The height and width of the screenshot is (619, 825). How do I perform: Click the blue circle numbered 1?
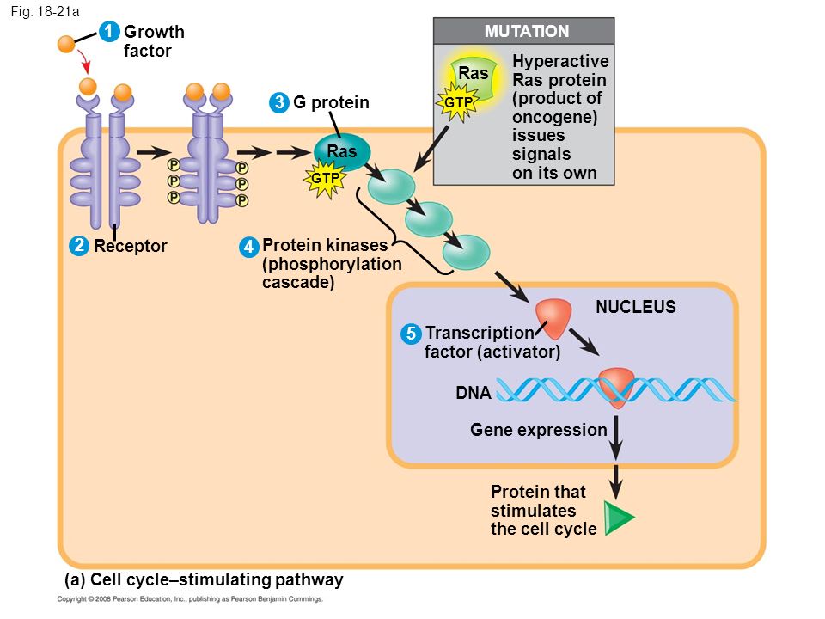(x=109, y=32)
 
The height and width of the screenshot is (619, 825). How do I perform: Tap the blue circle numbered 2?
(x=79, y=246)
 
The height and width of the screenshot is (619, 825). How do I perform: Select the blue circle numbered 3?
(x=278, y=102)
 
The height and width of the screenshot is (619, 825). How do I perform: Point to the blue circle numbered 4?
(x=248, y=247)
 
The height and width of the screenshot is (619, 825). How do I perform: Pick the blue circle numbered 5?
(x=411, y=334)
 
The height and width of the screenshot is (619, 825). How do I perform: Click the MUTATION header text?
(x=527, y=31)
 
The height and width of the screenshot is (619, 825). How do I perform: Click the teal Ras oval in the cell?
(x=342, y=151)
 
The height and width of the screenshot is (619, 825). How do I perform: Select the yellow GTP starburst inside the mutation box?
(x=457, y=102)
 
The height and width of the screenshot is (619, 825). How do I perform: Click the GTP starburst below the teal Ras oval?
(x=325, y=179)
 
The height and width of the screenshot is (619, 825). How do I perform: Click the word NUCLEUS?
(x=636, y=307)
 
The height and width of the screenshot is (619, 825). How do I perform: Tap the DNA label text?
(x=473, y=393)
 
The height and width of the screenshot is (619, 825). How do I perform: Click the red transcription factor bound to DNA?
(x=616, y=387)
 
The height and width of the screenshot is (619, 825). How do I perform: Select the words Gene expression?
(x=538, y=430)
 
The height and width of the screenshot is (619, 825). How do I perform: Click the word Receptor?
(x=131, y=246)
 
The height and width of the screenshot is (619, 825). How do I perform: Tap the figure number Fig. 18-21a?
(x=45, y=11)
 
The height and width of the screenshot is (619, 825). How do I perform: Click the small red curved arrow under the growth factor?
(x=83, y=61)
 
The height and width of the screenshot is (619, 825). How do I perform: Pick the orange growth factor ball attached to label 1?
(x=66, y=44)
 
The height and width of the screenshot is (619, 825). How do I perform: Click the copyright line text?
(x=190, y=599)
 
